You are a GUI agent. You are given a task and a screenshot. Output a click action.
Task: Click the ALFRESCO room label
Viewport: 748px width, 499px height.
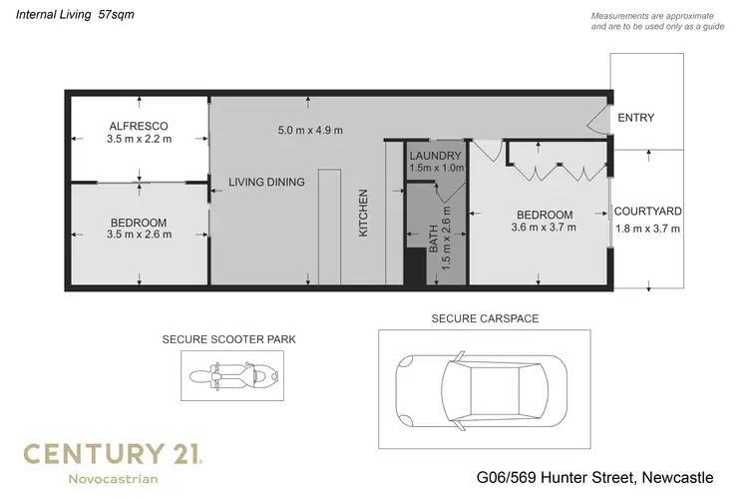point(139,126)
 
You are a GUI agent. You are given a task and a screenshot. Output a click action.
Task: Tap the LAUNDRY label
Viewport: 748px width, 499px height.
point(435,156)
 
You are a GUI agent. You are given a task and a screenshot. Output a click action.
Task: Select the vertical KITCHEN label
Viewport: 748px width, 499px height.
point(364,213)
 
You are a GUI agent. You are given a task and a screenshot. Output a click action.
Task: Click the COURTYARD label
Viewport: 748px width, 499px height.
point(647,212)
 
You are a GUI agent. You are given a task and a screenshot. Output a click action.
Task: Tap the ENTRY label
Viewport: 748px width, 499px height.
point(636,118)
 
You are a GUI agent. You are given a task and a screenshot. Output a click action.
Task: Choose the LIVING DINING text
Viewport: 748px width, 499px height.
point(265,182)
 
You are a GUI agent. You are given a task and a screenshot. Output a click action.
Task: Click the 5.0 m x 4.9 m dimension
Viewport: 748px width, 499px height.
point(309,130)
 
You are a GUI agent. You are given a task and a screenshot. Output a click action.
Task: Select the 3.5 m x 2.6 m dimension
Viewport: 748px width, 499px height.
point(139,235)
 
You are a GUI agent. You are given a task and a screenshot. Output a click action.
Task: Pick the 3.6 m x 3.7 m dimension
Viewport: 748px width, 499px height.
point(544,228)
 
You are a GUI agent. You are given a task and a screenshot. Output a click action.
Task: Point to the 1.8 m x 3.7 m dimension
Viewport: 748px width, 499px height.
point(647,228)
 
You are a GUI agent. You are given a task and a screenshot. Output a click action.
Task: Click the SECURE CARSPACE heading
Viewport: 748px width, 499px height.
point(485,318)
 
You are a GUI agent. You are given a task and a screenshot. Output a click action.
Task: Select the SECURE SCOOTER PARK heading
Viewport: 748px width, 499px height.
point(228,339)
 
